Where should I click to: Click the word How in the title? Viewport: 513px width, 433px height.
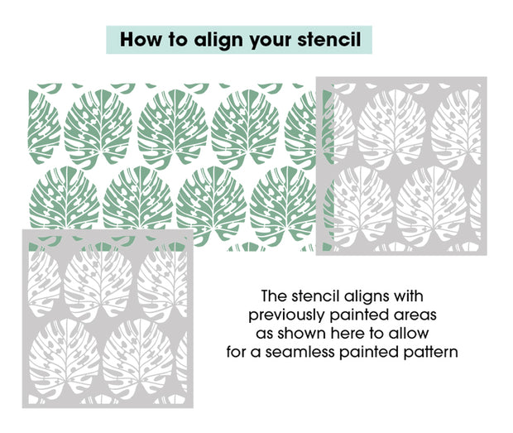click(141, 39)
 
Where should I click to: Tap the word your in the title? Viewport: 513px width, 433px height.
click(271, 41)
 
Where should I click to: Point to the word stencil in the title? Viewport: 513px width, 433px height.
click(328, 39)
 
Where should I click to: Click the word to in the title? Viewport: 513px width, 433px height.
click(178, 40)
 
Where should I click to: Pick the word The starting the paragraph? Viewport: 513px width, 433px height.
click(274, 296)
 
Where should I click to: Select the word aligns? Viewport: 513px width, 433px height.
click(366, 297)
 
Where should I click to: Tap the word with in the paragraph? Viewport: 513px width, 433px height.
click(408, 296)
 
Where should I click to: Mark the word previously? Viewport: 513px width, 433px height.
click(287, 316)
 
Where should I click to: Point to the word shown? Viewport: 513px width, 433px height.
click(302, 334)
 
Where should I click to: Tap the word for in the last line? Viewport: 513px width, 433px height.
click(236, 352)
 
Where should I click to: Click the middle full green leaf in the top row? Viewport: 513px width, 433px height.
click(173, 128)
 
